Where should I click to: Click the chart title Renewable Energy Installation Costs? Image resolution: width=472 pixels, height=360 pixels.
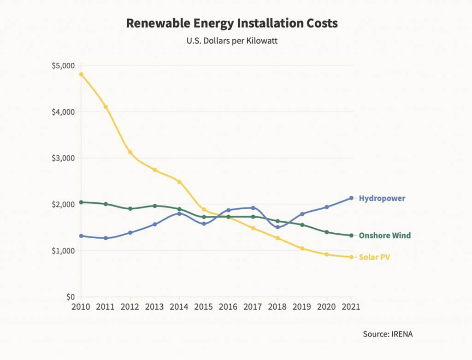(x=232, y=24)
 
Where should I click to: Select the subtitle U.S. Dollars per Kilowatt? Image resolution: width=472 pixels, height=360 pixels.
(x=232, y=41)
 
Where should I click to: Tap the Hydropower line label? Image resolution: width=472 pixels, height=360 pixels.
(x=382, y=199)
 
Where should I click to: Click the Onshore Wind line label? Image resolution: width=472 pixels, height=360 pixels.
(x=384, y=236)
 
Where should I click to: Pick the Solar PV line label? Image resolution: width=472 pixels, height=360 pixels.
(x=374, y=257)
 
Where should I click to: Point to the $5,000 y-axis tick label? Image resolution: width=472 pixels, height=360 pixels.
(x=64, y=65)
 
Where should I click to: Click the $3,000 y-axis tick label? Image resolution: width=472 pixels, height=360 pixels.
(x=64, y=158)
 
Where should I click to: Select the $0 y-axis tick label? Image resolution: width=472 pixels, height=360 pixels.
(x=69, y=297)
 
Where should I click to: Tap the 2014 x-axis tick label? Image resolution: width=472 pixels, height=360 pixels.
(x=179, y=307)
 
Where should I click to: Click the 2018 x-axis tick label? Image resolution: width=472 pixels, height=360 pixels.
(x=277, y=307)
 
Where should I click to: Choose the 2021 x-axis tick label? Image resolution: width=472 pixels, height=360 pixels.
(x=351, y=307)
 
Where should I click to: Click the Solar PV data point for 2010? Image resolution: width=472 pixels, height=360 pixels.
(x=81, y=74)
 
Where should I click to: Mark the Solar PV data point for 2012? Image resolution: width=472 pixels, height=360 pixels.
(x=130, y=152)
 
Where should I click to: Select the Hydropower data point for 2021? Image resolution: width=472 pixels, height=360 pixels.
(x=351, y=198)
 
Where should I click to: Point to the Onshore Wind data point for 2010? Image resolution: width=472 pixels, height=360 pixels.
(x=81, y=202)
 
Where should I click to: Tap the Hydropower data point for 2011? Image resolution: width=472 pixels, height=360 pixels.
(x=106, y=238)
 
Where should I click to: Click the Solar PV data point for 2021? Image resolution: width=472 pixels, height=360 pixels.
(x=351, y=257)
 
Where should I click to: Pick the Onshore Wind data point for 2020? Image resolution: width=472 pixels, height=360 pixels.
(x=327, y=232)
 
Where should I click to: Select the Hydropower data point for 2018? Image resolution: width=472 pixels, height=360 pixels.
(x=277, y=227)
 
